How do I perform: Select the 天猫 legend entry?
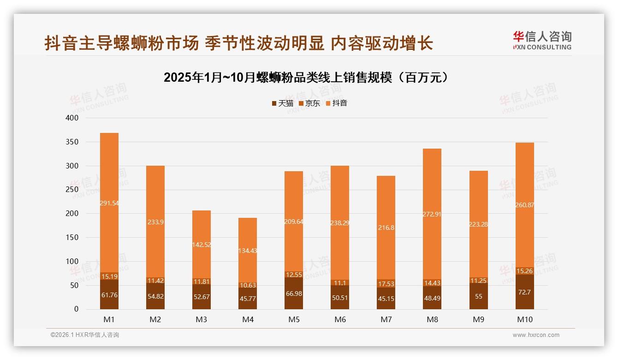coord(282,103)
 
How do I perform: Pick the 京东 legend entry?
coord(309,103)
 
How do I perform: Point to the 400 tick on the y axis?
coord(72,118)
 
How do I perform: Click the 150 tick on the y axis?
coord(72,238)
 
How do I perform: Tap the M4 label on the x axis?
coord(248,319)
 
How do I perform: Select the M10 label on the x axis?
coord(524,319)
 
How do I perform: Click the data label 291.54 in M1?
coord(109,203)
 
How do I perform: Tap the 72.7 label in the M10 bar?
coord(524,292)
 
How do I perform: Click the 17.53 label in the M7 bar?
coord(386,284)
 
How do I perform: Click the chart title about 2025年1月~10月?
coord(306,78)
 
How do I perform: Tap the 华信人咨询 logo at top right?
coord(542,40)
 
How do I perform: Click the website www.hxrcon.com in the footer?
coord(536,335)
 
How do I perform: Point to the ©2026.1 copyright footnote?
coord(85,335)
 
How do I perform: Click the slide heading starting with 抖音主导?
coord(238,43)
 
